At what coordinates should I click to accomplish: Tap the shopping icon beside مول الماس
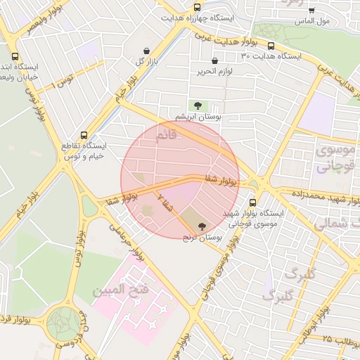(x=311, y=10)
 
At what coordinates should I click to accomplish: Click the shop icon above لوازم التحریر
(x=214, y=60)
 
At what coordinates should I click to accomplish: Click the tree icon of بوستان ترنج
(x=202, y=226)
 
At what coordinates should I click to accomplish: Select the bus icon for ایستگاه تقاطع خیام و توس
(x=84, y=134)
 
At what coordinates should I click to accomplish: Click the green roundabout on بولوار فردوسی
(x=64, y=324)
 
